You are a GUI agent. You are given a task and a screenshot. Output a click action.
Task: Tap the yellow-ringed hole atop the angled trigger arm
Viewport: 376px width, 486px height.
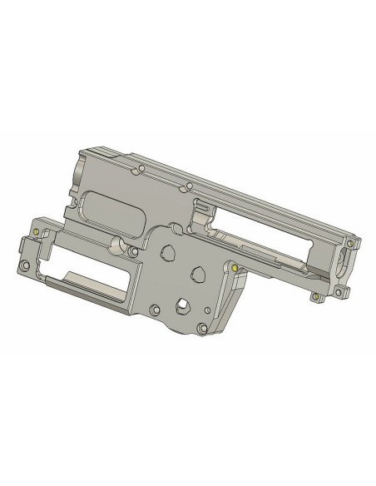(235, 268)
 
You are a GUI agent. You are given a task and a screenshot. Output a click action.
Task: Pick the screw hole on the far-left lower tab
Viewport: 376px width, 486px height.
(24, 266)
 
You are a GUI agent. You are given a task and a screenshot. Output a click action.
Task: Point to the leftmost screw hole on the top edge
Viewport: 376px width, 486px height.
(140, 169)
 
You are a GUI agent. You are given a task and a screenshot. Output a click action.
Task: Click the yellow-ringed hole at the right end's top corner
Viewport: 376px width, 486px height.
(350, 244)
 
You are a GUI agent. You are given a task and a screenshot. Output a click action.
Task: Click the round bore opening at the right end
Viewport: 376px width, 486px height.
(344, 265)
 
